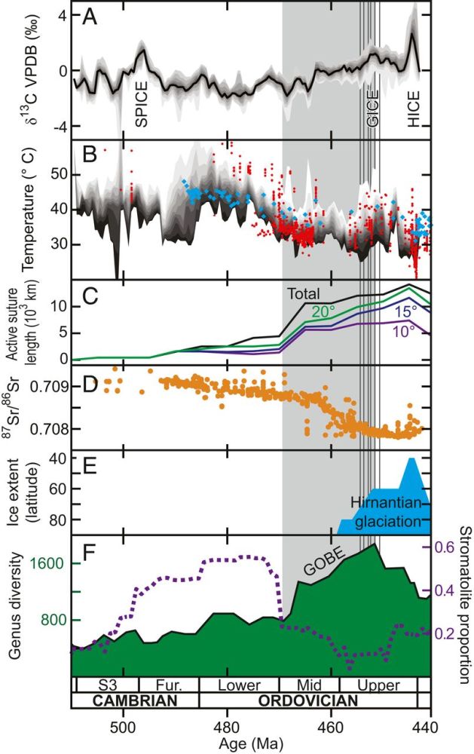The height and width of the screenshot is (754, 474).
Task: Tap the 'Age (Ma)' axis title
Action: [252, 745]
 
